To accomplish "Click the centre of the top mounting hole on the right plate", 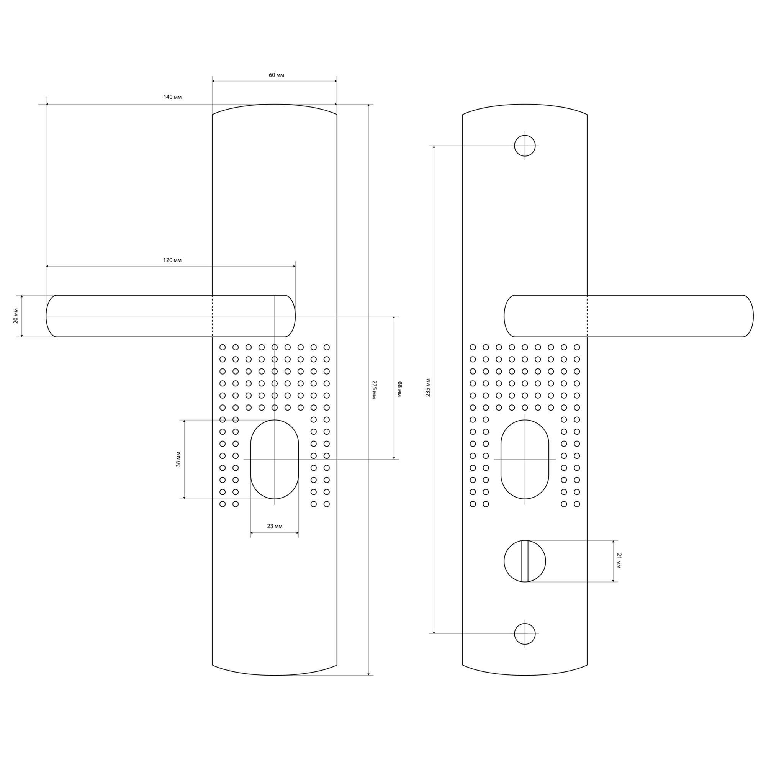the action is click(x=525, y=146).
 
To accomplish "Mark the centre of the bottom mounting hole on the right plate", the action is click(x=525, y=633).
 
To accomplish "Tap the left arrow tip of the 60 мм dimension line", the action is click(x=213, y=81).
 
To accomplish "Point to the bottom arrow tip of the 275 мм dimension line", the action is click(x=368, y=675).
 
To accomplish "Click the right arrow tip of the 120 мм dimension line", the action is click(x=295, y=267).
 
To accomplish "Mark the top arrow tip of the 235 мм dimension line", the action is click(x=434, y=146).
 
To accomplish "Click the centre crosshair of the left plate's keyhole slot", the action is click(x=274, y=459).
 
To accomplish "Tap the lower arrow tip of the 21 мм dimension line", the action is click(x=613, y=582).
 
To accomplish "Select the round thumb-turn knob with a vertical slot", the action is click(x=525, y=561).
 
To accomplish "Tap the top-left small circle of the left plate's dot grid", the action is click(x=223, y=347).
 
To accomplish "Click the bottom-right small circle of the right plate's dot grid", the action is click(x=577, y=504).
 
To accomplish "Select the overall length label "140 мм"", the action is click(x=172, y=97).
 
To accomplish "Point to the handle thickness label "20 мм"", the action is click(x=16, y=316).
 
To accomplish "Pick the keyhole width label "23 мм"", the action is click(x=275, y=526).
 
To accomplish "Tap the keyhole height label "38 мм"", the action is click(x=178, y=459).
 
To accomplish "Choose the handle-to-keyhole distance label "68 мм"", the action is click(x=399, y=390).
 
